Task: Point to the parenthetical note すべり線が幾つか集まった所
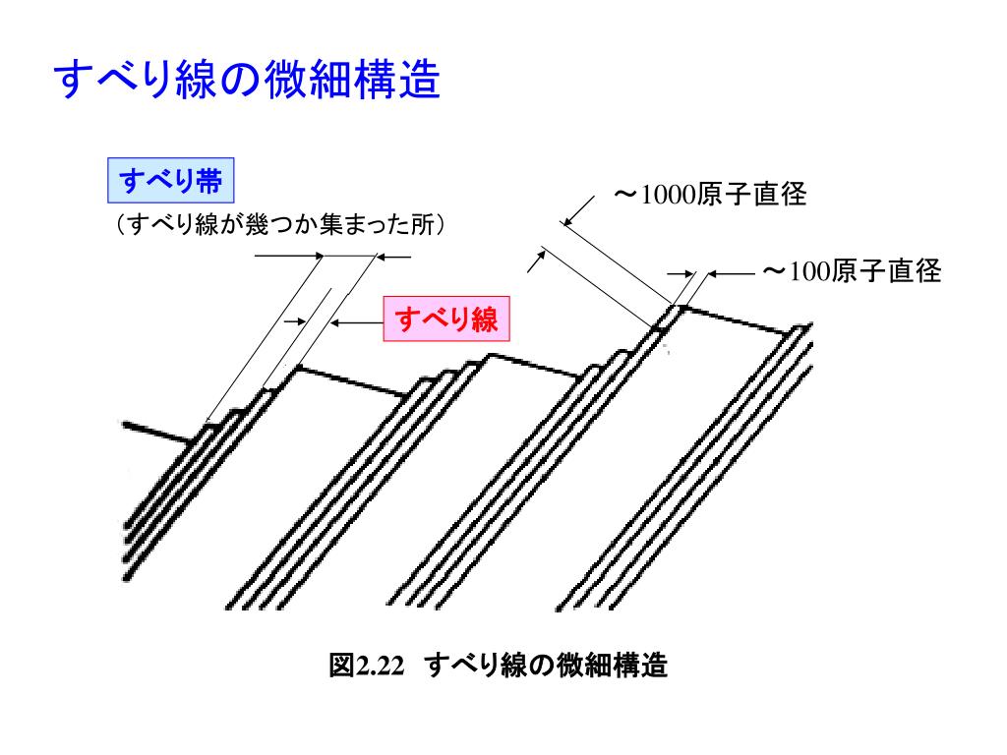point(280,225)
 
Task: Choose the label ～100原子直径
point(853,270)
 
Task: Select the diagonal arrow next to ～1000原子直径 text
point(580,210)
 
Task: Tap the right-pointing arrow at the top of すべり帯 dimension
point(290,257)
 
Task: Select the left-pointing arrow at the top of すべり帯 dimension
point(395,257)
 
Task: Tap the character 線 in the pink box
point(482,319)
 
